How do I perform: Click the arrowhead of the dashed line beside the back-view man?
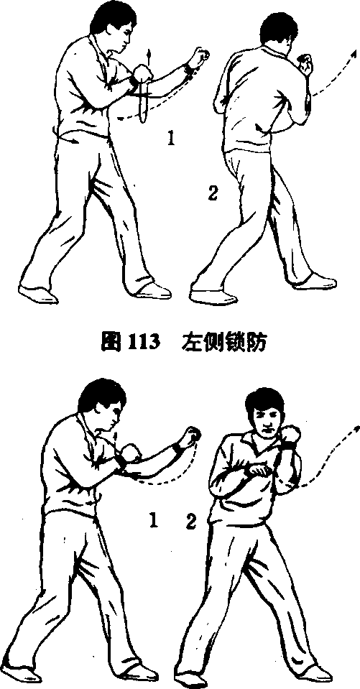click(353, 53)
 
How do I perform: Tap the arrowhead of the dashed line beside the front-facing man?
click(355, 429)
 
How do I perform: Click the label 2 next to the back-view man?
click(213, 193)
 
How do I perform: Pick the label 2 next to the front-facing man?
click(190, 522)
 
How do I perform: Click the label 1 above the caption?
click(172, 139)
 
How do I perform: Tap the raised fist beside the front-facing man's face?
click(290, 435)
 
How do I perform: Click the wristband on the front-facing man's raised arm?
click(288, 446)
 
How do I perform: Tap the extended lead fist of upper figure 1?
click(199, 56)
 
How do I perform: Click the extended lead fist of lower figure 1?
click(193, 435)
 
